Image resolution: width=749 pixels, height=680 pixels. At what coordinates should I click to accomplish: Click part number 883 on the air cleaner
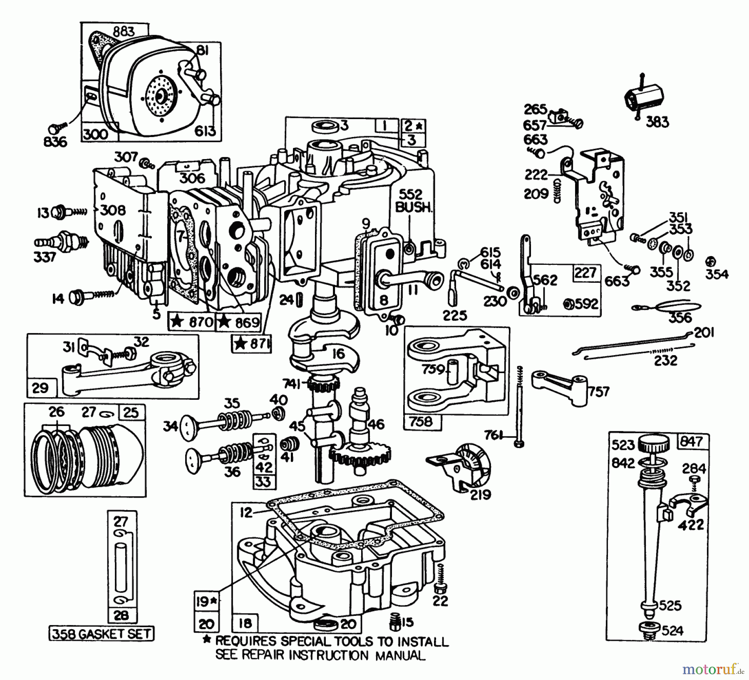(124, 32)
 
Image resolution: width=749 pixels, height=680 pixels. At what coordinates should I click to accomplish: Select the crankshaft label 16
(339, 354)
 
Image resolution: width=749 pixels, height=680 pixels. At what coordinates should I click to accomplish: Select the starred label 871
(252, 344)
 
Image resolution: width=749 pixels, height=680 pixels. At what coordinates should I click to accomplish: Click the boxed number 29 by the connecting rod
(40, 388)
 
